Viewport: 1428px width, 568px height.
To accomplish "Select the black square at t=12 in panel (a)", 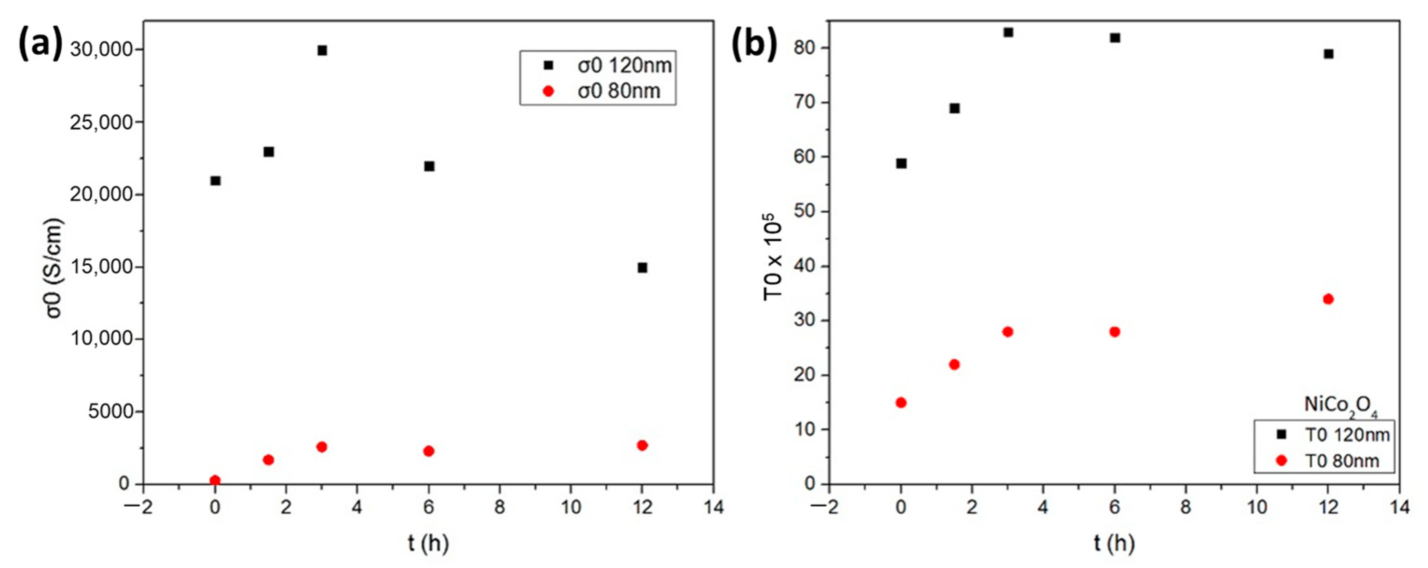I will (643, 267).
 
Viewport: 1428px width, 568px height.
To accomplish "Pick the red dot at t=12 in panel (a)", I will (643, 446).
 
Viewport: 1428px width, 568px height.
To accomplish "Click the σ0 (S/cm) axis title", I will (54, 268).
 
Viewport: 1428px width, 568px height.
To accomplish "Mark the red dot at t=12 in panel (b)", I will (1328, 299).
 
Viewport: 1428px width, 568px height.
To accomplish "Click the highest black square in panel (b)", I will (1008, 32).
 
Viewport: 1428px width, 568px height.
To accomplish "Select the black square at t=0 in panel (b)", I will (901, 163).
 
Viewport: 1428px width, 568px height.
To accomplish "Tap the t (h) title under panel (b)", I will (1114, 544).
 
